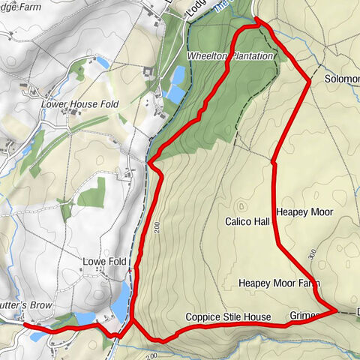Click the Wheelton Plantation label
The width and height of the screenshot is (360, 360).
point(230,57)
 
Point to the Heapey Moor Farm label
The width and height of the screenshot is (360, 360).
point(280,283)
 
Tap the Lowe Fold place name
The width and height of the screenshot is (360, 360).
point(103,261)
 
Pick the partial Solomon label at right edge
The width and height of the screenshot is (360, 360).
point(342,78)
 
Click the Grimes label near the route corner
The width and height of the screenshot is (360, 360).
point(304,316)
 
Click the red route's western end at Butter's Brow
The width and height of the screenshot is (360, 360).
point(25,325)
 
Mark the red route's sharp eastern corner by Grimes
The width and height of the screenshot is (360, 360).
point(335,309)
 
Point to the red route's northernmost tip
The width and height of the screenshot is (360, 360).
point(258,22)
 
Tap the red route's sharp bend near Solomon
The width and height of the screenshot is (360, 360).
point(310,81)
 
